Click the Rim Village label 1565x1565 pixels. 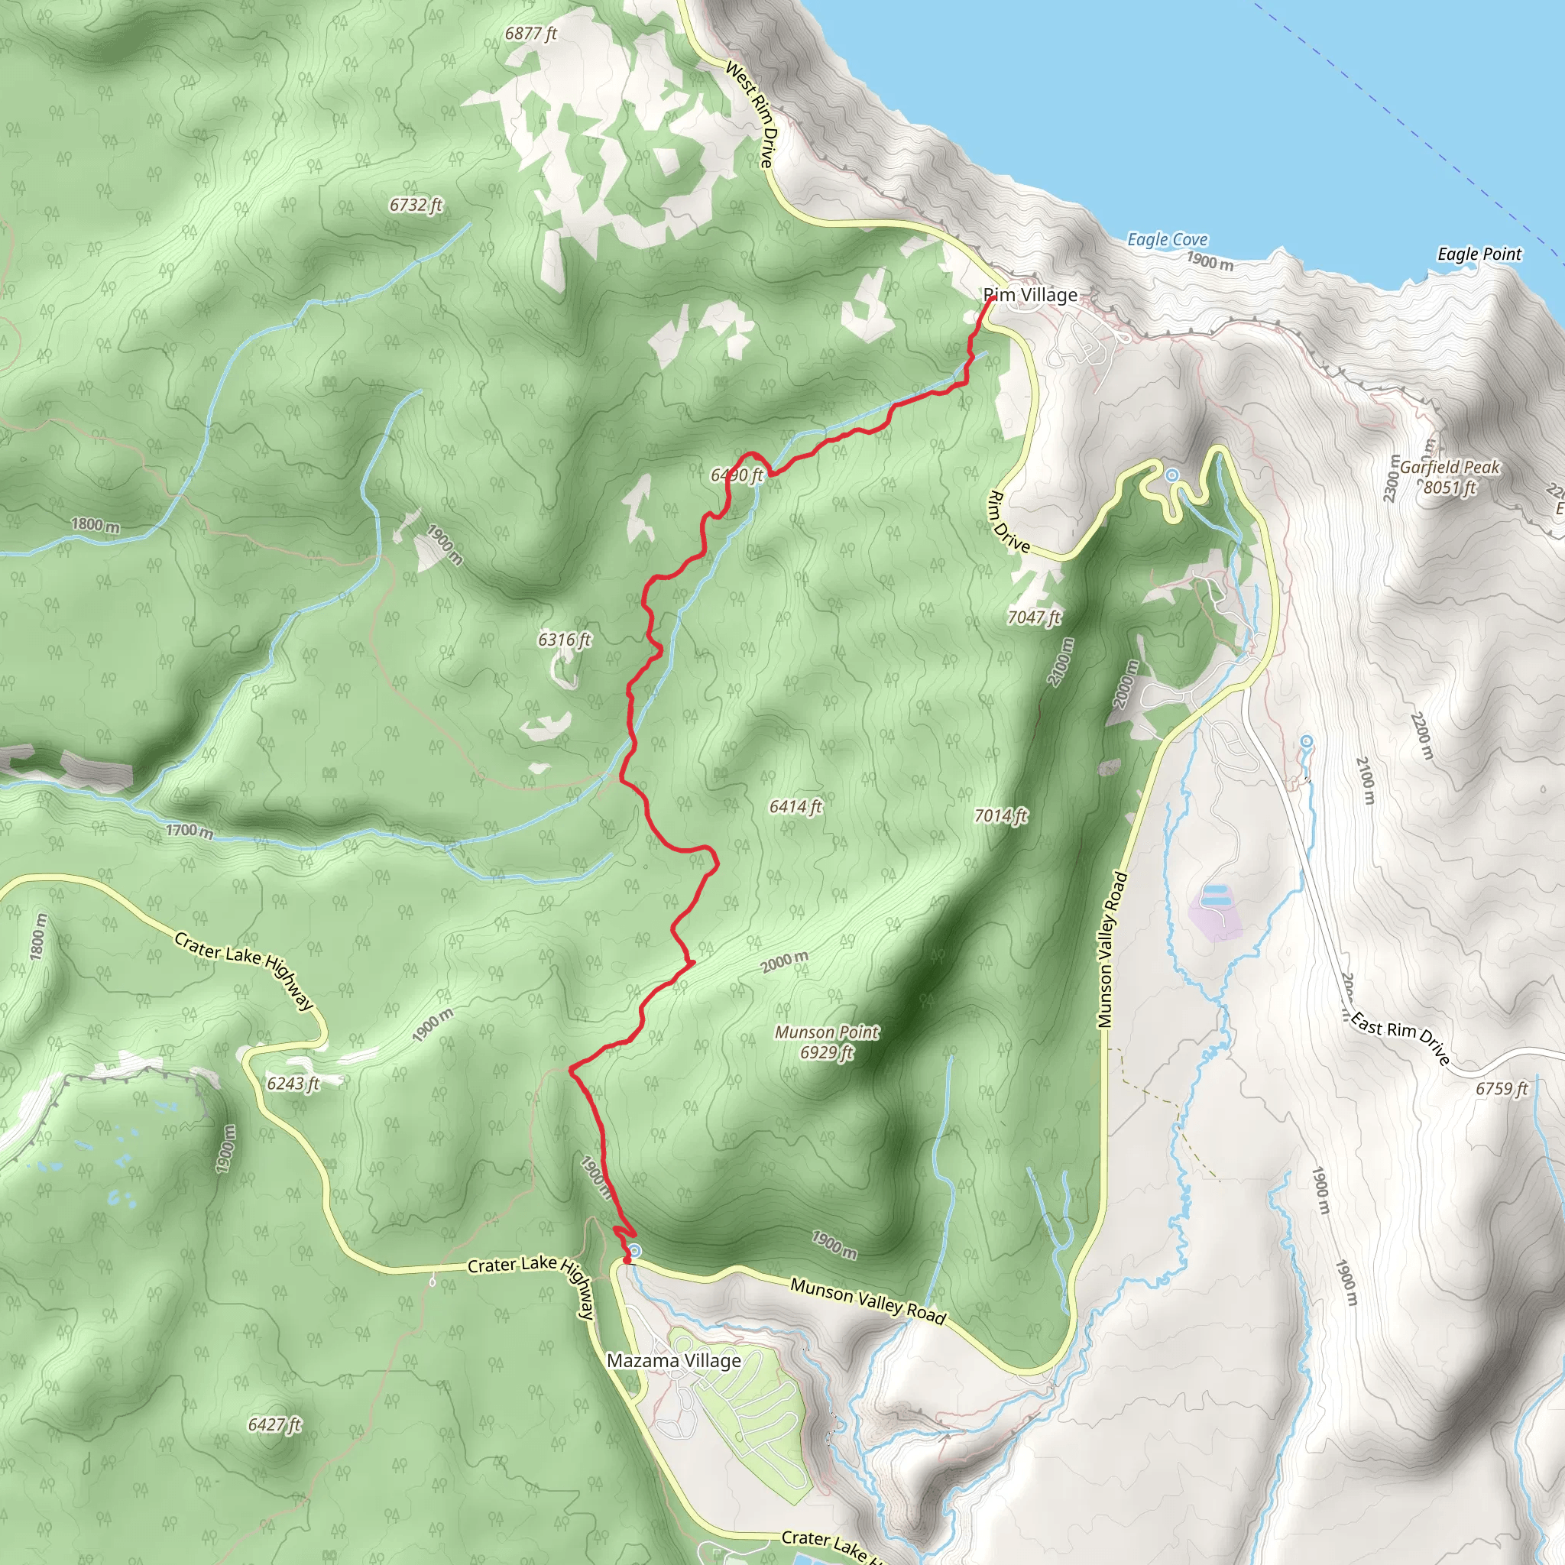1030,295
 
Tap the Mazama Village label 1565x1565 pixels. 674,1360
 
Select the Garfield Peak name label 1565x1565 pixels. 1450,468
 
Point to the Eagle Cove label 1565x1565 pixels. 1168,239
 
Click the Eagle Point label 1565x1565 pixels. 1479,254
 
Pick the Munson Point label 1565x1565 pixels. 826,1032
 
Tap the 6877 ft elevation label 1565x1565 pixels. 530,33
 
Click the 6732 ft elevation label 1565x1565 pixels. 416,205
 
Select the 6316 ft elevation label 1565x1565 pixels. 565,640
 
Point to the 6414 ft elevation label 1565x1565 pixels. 795,806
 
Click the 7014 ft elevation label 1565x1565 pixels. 1000,815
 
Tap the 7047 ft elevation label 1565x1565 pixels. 1034,617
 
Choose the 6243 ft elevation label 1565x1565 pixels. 293,1083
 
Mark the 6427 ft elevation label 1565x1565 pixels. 274,1424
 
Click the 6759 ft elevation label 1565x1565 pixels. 1501,1089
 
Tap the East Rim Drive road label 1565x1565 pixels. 1400,1039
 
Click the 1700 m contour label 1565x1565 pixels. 190,831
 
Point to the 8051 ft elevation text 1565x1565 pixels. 1450,488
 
